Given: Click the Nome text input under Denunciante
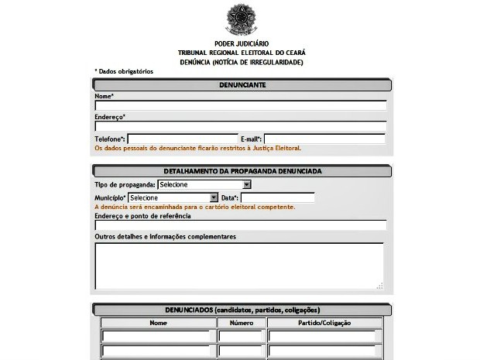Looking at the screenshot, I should (240, 106).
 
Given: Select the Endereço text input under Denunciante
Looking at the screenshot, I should (240, 126).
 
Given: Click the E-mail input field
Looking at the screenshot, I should (324, 139).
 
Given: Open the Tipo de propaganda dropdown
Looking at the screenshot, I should (204, 185).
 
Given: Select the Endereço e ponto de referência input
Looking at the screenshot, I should (240, 225).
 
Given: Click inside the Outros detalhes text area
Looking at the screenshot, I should (238, 265).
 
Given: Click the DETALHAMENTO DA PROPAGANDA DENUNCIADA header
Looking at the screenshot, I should (242, 171).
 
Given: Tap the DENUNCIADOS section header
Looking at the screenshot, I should (242, 310).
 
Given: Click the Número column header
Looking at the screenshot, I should (241, 323).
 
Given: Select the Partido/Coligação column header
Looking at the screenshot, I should (324, 323).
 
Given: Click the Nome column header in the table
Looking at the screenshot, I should (158, 323).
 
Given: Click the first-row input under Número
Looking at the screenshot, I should (241, 336).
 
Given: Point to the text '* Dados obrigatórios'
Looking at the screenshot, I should (124, 71).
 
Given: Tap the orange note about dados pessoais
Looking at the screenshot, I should (197, 148).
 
